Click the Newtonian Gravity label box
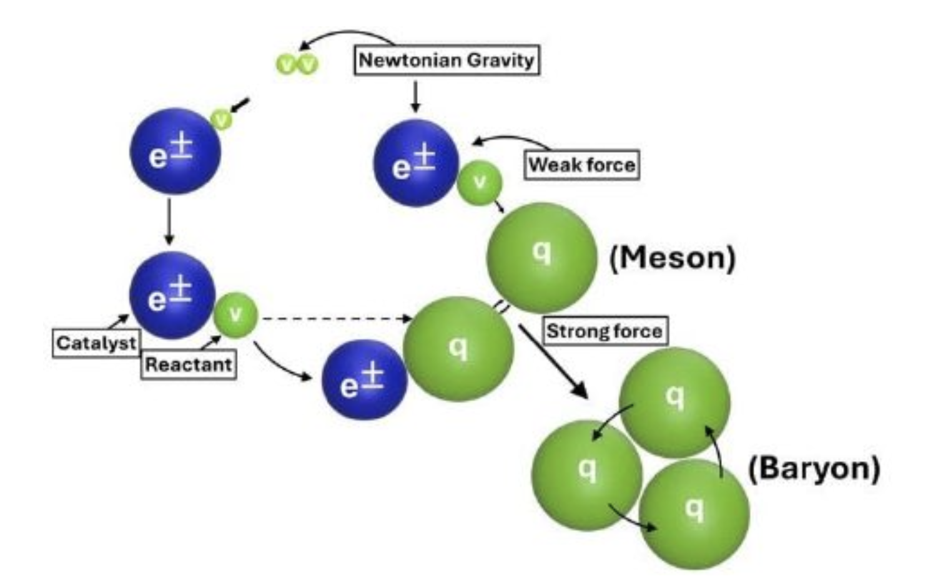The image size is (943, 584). point(447,61)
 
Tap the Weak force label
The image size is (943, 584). point(581,165)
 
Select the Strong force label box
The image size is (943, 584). point(604,331)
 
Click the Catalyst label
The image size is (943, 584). point(96,343)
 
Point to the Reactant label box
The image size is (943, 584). point(188,364)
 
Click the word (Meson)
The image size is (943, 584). point(673,257)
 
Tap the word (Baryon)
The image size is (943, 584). point(814,468)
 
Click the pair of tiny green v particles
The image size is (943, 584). point(297,64)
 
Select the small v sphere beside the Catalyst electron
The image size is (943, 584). point(235,316)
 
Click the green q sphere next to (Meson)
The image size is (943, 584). point(541,257)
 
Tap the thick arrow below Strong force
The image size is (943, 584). point(553,362)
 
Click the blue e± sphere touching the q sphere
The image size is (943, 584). point(364,380)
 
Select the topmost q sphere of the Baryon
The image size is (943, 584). point(674,401)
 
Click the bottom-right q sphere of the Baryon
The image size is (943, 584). point(694,514)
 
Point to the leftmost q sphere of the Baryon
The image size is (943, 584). point(586,475)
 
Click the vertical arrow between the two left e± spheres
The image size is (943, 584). point(169,221)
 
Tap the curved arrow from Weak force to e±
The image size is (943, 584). point(509,141)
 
